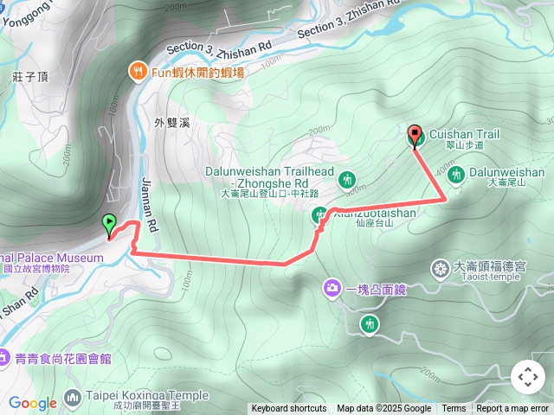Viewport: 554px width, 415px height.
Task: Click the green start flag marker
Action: (x=109, y=224)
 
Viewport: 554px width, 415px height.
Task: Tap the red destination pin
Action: (x=415, y=136)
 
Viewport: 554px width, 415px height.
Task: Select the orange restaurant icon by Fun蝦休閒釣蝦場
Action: (x=137, y=71)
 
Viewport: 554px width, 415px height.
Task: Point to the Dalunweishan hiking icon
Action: (x=456, y=174)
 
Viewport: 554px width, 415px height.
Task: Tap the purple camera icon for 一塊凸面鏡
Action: (x=332, y=288)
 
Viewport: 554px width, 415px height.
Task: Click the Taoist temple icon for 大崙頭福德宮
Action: (x=441, y=270)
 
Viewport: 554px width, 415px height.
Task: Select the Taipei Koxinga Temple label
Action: (x=147, y=396)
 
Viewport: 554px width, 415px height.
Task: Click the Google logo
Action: (x=32, y=403)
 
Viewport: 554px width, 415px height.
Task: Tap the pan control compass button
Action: (x=527, y=377)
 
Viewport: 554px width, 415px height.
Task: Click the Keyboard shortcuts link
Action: (x=288, y=409)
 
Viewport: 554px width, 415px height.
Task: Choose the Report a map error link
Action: (x=512, y=409)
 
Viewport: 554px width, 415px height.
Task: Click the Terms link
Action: (x=454, y=409)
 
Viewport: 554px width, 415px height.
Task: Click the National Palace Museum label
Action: (x=52, y=258)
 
